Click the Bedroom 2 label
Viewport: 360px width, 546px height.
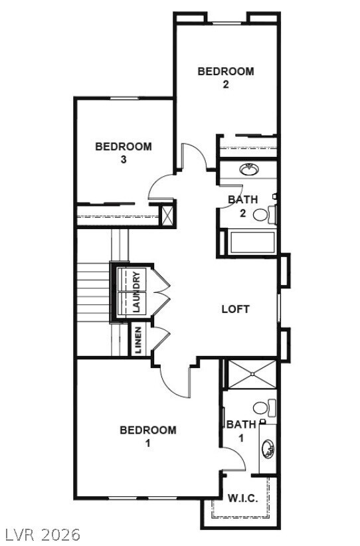226,77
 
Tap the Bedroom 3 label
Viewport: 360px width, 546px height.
123,152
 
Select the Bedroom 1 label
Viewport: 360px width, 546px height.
147,436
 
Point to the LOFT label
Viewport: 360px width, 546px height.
235,309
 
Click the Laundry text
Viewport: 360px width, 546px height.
136,292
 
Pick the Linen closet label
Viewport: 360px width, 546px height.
137,340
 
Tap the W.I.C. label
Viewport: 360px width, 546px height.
242,498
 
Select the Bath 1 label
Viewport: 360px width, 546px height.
240,430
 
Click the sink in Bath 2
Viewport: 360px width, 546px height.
250,169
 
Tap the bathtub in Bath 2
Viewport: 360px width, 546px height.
251,242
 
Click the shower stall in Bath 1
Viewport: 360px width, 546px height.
251,374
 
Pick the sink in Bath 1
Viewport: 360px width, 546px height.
268,450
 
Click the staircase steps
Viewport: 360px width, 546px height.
93,292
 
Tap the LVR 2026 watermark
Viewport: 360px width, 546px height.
41,534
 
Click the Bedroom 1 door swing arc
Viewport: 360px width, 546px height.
174,384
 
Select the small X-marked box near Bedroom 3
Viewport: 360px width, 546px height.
169,214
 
